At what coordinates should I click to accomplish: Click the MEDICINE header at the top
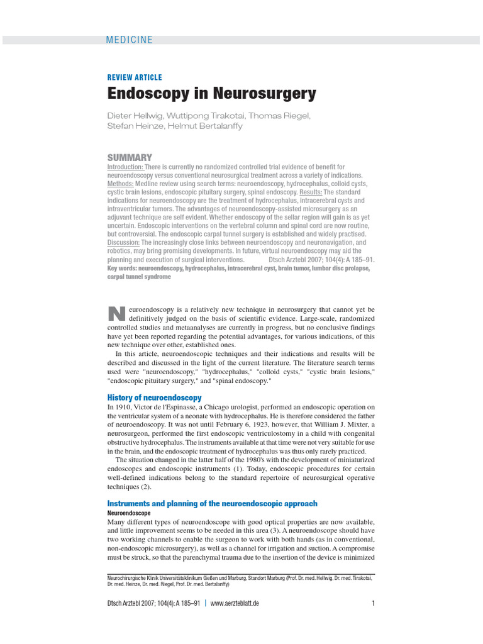130,40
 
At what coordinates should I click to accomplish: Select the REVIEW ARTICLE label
135,77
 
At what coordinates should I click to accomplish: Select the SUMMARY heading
130,157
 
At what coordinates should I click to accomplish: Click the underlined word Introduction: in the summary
125,167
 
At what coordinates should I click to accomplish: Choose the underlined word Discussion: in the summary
123,243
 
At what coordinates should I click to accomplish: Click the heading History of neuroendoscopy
154,397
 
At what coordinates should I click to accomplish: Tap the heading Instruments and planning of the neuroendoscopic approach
212,504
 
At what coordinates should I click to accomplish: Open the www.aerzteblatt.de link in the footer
235,603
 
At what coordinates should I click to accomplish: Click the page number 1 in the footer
373,603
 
